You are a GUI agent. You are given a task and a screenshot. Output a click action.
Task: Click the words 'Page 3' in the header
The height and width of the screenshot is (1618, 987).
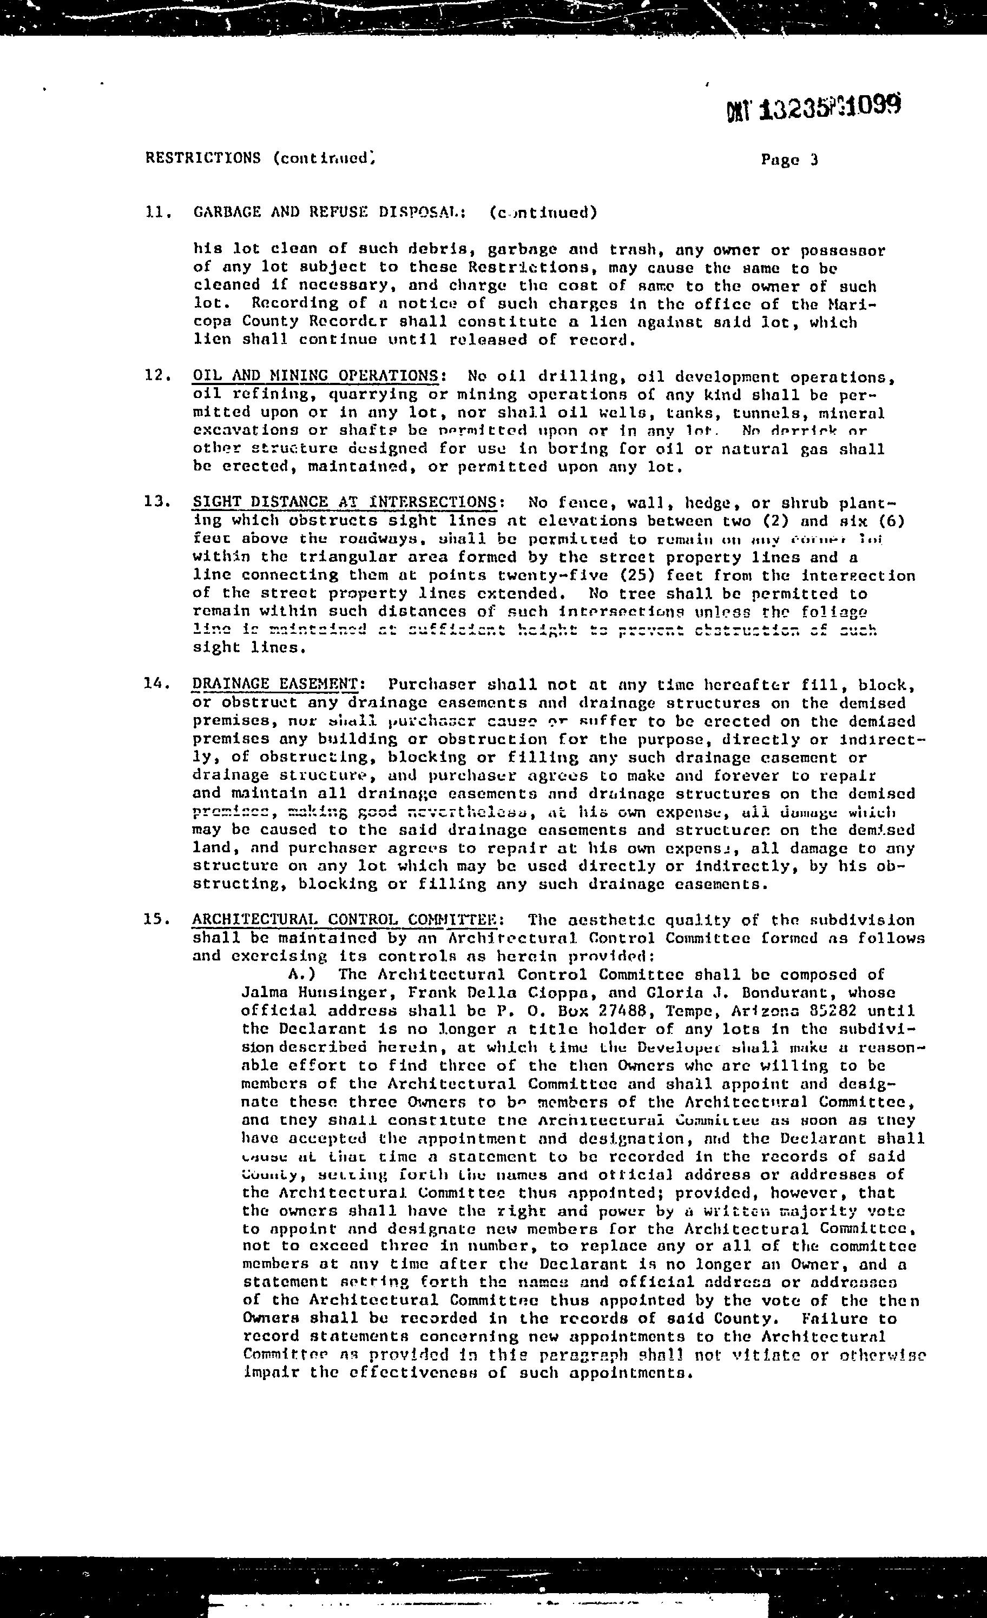[789, 160]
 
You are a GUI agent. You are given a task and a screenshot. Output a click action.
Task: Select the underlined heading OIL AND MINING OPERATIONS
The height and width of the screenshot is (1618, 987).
[315, 376]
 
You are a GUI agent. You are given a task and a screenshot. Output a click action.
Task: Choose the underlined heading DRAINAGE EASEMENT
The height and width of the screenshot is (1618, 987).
[275, 684]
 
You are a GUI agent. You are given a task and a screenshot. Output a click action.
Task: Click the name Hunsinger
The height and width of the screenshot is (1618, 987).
[338, 993]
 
